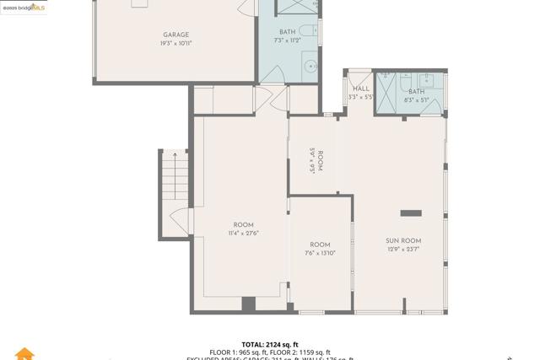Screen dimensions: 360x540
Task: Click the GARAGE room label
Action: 175,35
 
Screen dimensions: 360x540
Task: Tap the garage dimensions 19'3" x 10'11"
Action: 175,43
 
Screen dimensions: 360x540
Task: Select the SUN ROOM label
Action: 402,240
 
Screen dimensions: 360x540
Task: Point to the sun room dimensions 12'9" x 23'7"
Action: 402,249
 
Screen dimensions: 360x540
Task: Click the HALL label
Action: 360,89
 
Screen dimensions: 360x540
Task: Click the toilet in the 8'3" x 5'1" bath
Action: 440,93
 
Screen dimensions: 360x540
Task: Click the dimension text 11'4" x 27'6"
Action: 243,233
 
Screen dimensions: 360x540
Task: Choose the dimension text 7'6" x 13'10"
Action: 320,252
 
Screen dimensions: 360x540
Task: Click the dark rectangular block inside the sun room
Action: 411,212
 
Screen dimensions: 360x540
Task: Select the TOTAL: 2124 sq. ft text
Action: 270,344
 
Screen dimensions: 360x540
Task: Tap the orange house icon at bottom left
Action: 24,353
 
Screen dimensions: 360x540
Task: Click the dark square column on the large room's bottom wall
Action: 248,304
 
